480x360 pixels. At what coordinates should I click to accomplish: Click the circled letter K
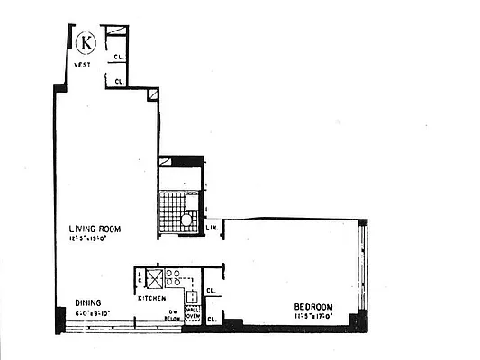point(86,41)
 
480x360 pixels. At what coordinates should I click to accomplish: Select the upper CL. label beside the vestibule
point(118,58)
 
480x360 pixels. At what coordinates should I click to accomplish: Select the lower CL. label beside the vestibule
point(118,82)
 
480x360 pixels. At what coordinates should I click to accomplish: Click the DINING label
point(87,302)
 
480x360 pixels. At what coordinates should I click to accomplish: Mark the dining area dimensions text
point(91,313)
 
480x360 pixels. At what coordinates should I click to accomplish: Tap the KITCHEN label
point(150,298)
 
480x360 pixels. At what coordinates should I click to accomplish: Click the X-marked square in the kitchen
point(155,277)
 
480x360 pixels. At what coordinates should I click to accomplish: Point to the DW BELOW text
point(169,313)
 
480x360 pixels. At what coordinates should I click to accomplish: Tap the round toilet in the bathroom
point(186,219)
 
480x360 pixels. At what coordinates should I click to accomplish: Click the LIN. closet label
point(213,228)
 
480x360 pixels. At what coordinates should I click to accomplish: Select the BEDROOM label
point(313,307)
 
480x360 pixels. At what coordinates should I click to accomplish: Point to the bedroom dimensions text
point(313,317)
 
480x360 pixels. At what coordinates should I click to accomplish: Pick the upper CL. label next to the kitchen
point(210,291)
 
